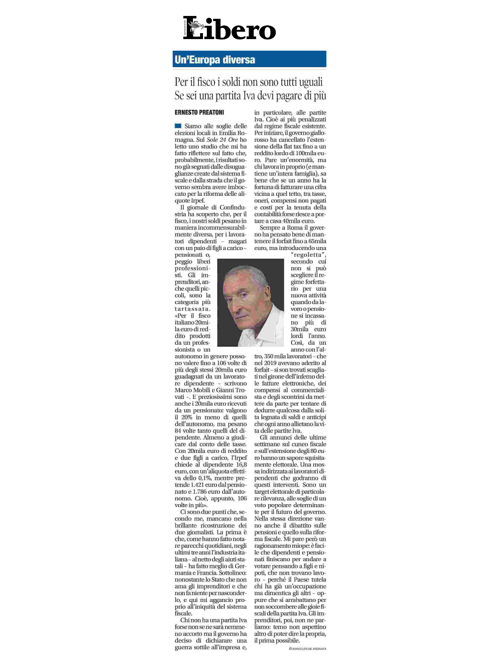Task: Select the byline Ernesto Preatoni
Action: (199, 112)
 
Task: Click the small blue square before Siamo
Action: (178, 126)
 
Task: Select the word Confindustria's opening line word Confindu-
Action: (233, 207)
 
